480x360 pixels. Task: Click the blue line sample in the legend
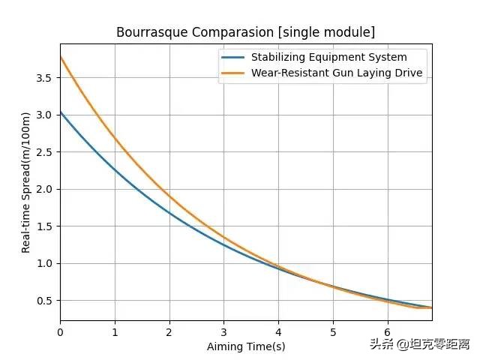234,57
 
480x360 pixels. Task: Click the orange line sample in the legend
234,73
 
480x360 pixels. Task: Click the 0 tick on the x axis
60,332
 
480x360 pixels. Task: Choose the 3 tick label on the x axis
223,332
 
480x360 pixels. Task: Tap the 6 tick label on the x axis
387,332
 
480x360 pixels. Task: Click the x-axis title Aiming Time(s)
246,346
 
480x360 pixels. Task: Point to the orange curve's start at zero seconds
61,57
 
